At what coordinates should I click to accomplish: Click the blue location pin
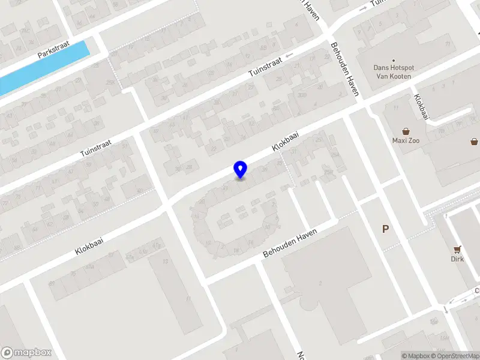click(241, 169)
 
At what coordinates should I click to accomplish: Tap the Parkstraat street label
click(53, 49)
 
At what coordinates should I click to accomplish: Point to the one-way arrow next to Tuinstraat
click(290, 55)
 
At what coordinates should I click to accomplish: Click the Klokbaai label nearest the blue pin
click(285, 142)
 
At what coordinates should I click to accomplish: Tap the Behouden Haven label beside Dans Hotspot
click(345, 69)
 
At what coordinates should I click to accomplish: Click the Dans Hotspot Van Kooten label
click(394, 72)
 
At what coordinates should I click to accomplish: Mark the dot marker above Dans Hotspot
click(394, 61)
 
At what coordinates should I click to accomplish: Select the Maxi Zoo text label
click(406, 141)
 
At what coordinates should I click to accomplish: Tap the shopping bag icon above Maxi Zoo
click(406, 131)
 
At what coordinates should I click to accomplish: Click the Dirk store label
click(458, 259)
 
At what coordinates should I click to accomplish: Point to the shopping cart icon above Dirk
click(458, 249)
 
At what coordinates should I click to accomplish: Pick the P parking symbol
click(385, 229)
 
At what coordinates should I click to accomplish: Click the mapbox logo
click(26, 352)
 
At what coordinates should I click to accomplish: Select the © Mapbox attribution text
click(415, 356)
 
